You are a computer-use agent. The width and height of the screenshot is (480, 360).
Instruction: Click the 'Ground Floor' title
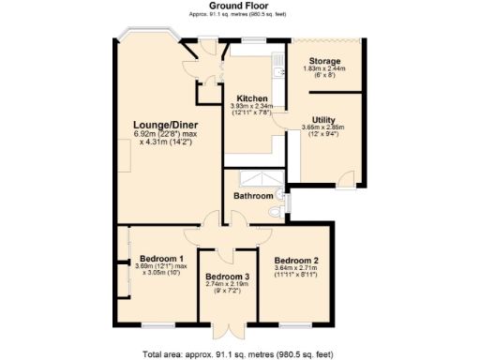pyautogui.click(x=240, y=6)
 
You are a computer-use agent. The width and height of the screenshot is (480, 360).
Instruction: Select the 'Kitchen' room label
pyautogui.click(x=252, y=98)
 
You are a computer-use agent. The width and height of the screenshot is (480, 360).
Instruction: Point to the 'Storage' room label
pyautogui.click(x=324, y=61)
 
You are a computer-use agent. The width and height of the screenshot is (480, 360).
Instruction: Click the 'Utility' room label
pyautogui.click(x=324, y=119)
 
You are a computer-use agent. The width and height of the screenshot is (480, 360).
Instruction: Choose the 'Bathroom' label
pyautogui.click(x=253, y=196)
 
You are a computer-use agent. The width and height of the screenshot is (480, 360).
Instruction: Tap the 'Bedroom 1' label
pyautogui.click(x=161, y=258)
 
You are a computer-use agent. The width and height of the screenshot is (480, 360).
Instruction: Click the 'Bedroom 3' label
pyautogui.click(x=228, y=277)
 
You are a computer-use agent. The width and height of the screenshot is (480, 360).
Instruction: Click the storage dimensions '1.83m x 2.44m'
pyautogui.click(x=324, y=68)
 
